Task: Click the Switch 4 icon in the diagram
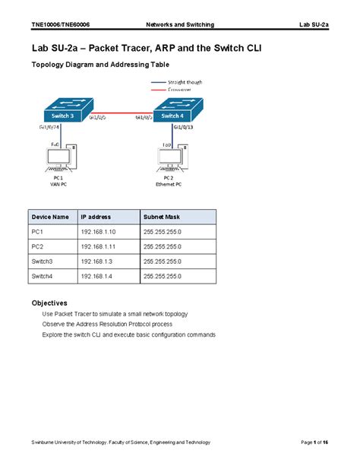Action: [174, 112]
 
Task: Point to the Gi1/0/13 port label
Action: [185, 128]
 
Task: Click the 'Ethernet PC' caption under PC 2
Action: [169, 184]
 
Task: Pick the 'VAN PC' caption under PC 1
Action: [58, 184]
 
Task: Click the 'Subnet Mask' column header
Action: [160, 217]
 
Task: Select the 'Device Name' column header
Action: [50, 217]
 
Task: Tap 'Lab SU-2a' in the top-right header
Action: [314, 25]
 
